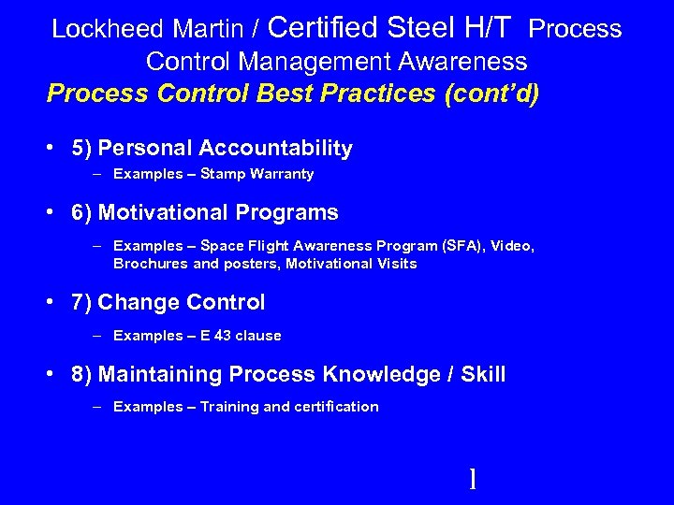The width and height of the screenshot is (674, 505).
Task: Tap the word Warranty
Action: [x=284, y=174]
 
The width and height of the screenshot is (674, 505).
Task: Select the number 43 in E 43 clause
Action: [x=222, y=336]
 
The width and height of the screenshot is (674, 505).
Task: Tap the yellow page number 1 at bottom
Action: [x=473, y=480]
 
